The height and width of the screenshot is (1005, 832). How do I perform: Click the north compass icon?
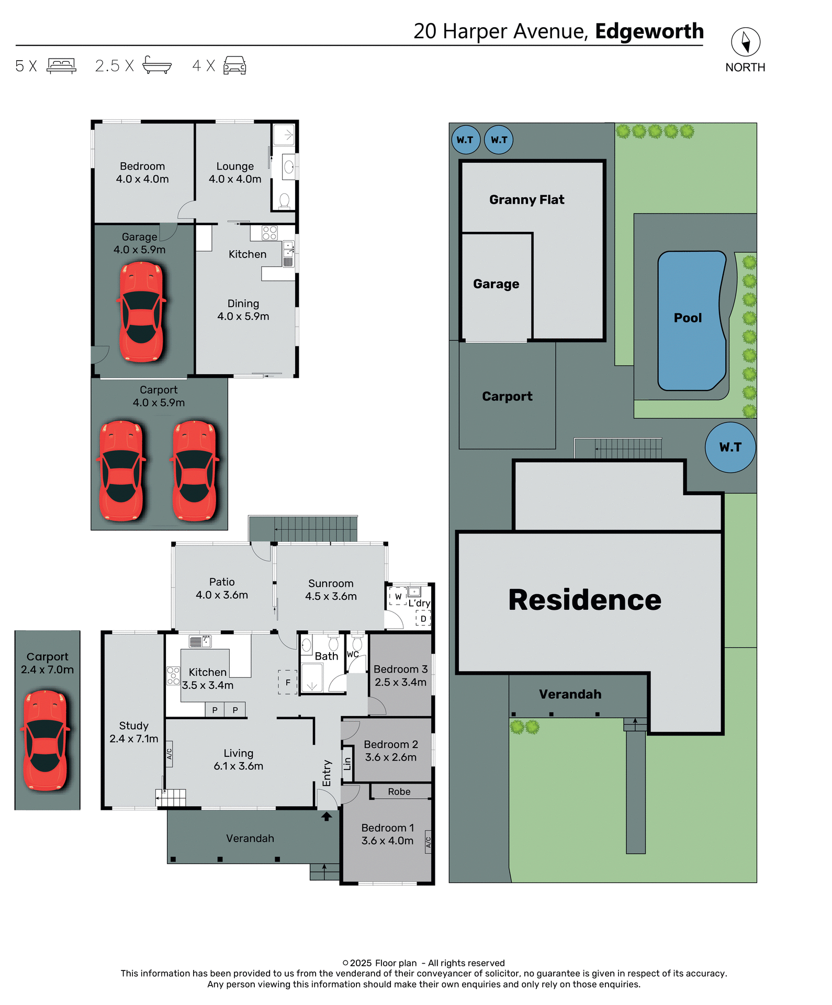point(745,42)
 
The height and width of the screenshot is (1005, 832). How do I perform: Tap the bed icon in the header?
point(62,65)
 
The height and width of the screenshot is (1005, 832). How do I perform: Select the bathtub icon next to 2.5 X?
point(157,65)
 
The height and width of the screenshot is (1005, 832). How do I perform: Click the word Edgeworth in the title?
point(649,31)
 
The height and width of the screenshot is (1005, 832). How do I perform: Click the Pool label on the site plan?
point(688,318)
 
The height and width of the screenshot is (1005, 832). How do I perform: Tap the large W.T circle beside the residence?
point(730,447)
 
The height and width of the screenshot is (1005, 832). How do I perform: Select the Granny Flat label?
point(526,199)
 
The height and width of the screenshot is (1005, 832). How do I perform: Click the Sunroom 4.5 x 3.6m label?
point(331,589)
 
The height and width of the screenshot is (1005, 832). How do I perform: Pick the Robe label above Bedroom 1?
point(399,791)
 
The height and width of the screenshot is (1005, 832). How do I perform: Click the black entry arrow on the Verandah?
point(327,816)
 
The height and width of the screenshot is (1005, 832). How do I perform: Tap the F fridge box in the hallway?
point(287,683)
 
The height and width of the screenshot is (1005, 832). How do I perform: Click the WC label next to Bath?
point(353,654)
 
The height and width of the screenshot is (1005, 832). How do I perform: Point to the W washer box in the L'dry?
point(398,596)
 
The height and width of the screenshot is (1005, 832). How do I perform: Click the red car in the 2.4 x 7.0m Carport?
point(46,740)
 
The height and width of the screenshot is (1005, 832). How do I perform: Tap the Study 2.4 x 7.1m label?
point(133,732)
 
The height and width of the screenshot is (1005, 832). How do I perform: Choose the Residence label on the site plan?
point(584,600)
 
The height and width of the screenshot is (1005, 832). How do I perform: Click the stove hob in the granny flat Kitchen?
point(269,232)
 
